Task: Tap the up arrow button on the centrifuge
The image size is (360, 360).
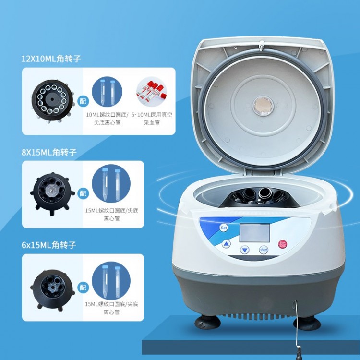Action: click(x=227, y=244)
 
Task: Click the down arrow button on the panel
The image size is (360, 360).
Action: click(x=245, y=250)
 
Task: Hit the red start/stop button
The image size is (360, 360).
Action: click(x=282, y=244)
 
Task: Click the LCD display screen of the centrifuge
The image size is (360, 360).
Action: click(x=255, y=233)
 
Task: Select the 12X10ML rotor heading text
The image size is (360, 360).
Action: click(x=51, y=59)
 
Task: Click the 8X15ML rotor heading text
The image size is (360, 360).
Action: click(x=49, y=152)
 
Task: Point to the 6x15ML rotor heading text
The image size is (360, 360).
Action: click(x=49, y=245)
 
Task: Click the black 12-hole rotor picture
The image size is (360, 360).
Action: click(x=52, y=101)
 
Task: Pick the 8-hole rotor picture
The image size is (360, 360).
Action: click(x=52, y=194)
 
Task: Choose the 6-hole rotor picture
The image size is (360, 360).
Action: click(x=52, y=290)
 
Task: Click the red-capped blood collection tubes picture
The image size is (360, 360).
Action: click(x=151, y=92)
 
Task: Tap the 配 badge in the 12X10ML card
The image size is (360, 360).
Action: click(x=83, y=101)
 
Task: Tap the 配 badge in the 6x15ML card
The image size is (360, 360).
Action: click(x=83, y=287)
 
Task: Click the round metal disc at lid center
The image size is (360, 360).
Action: click(x=264, y=106)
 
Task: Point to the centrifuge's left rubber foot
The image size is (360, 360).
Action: click(x=208, y=322)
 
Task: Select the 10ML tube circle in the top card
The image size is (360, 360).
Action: click(x=107, y=92)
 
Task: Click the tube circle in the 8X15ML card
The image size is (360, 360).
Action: click(x=111, y=184)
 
